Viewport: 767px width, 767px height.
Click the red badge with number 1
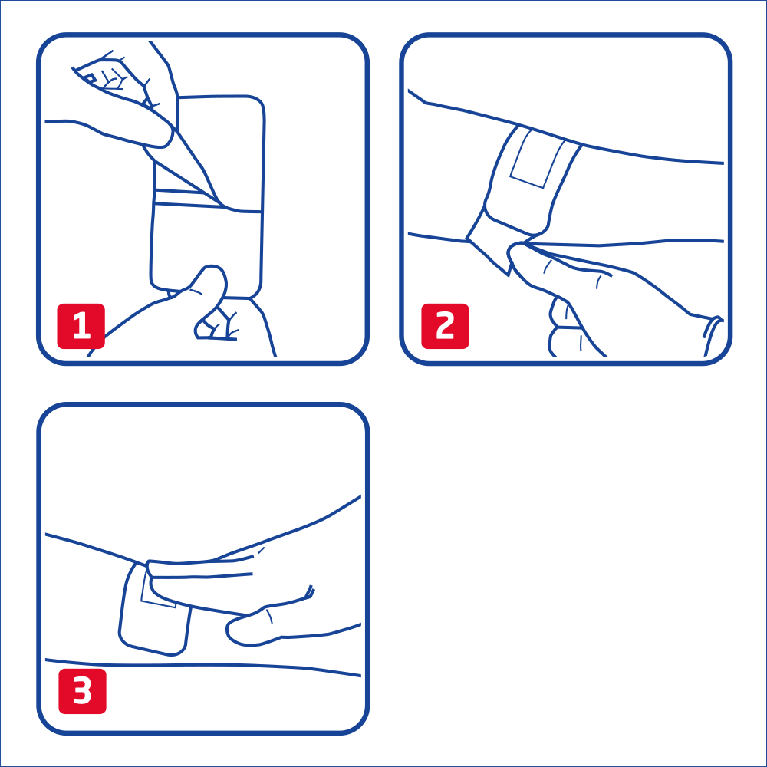tap(81, 326)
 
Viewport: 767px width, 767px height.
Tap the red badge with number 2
tap(445, 326)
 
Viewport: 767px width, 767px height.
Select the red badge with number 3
tap(82, 691)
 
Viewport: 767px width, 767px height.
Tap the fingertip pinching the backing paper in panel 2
tap(519, 255)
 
